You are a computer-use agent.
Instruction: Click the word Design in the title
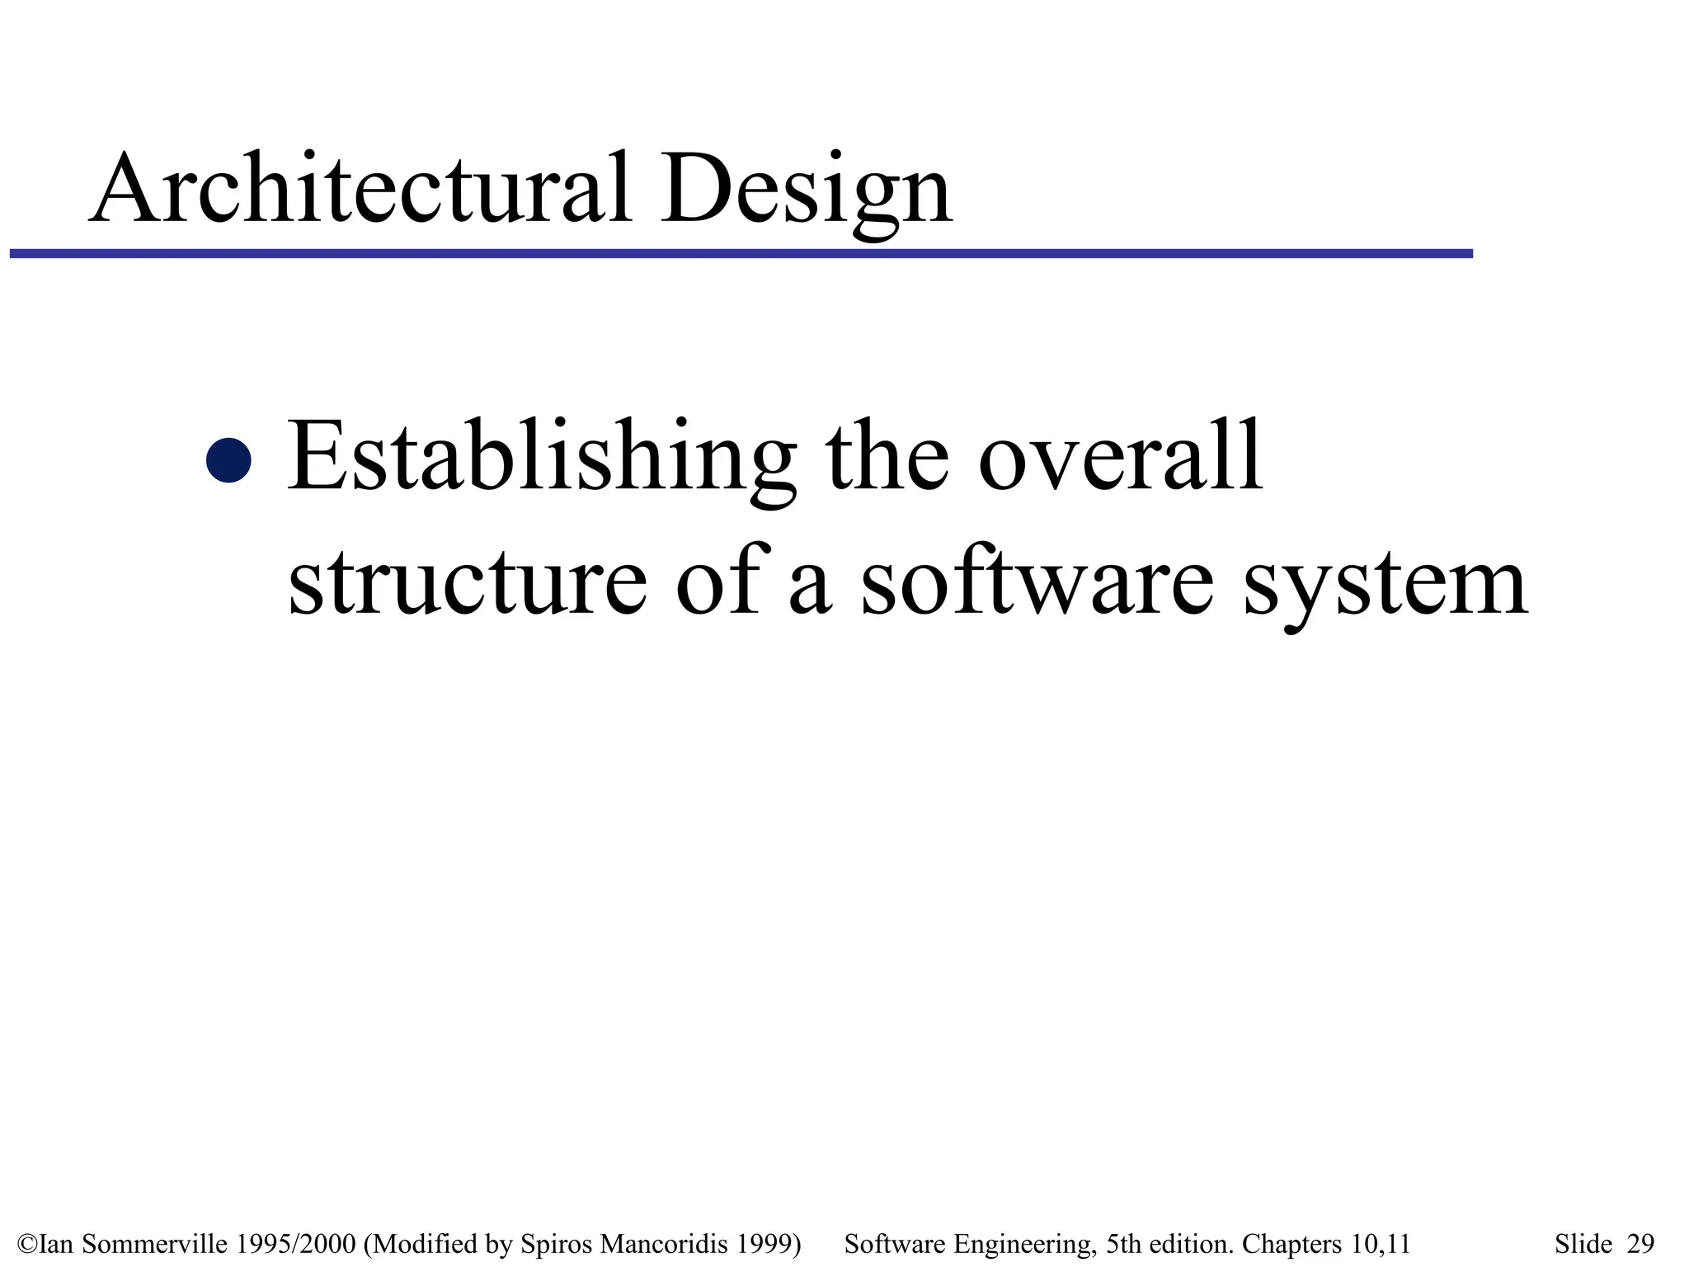[x=806, y=191]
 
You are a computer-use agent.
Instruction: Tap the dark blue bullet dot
[x=228, y=459]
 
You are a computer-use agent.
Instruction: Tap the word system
[x=1385, y=584]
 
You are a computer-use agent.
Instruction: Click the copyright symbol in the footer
[x=26, y=1244]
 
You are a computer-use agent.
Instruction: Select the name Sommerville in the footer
[x=153, y=1244]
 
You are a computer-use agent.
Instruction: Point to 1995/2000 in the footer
[x=295, y=1244]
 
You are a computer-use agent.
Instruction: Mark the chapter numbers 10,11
[x=1381, y=1244]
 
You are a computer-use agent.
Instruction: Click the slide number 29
[x=1640, y=1244]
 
